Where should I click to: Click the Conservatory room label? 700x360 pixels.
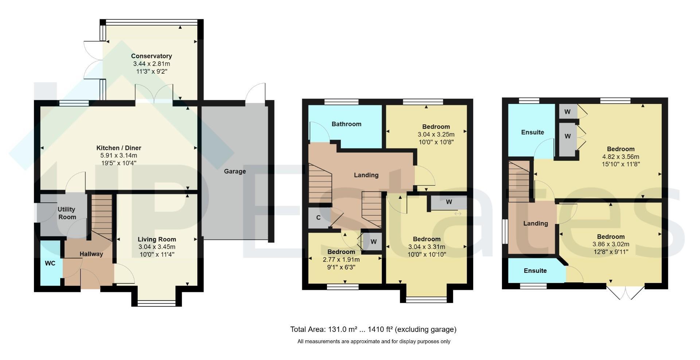point(151,56)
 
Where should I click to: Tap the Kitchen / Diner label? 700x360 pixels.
point(118,148)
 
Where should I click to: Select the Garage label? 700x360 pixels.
point(235,171)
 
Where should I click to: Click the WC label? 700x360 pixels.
point(50,263)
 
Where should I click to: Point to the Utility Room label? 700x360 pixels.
point(67,213)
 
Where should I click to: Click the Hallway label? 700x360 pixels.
point(91,254)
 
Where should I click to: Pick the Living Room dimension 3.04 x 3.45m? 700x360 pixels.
point(157,247)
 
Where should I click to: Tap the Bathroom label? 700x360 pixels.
point(346,124)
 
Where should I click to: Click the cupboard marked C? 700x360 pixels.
point(318,218)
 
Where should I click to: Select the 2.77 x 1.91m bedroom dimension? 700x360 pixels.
point(341,260)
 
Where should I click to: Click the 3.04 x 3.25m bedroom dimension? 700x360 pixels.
point(436,135)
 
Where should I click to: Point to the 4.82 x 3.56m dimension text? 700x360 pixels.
point(621,157)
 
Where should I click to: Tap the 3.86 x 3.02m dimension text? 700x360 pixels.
point(611,244)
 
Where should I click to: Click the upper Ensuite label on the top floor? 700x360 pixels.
point(532,132)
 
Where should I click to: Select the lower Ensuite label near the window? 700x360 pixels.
point(535,271)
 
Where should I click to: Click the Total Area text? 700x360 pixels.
point(373,329)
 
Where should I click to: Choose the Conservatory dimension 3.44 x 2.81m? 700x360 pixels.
point(151,64)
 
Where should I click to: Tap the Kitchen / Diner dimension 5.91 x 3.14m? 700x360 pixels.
point(118,155)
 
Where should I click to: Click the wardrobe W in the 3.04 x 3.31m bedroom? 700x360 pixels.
point(449,202)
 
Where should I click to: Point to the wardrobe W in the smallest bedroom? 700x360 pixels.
point(373,241)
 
